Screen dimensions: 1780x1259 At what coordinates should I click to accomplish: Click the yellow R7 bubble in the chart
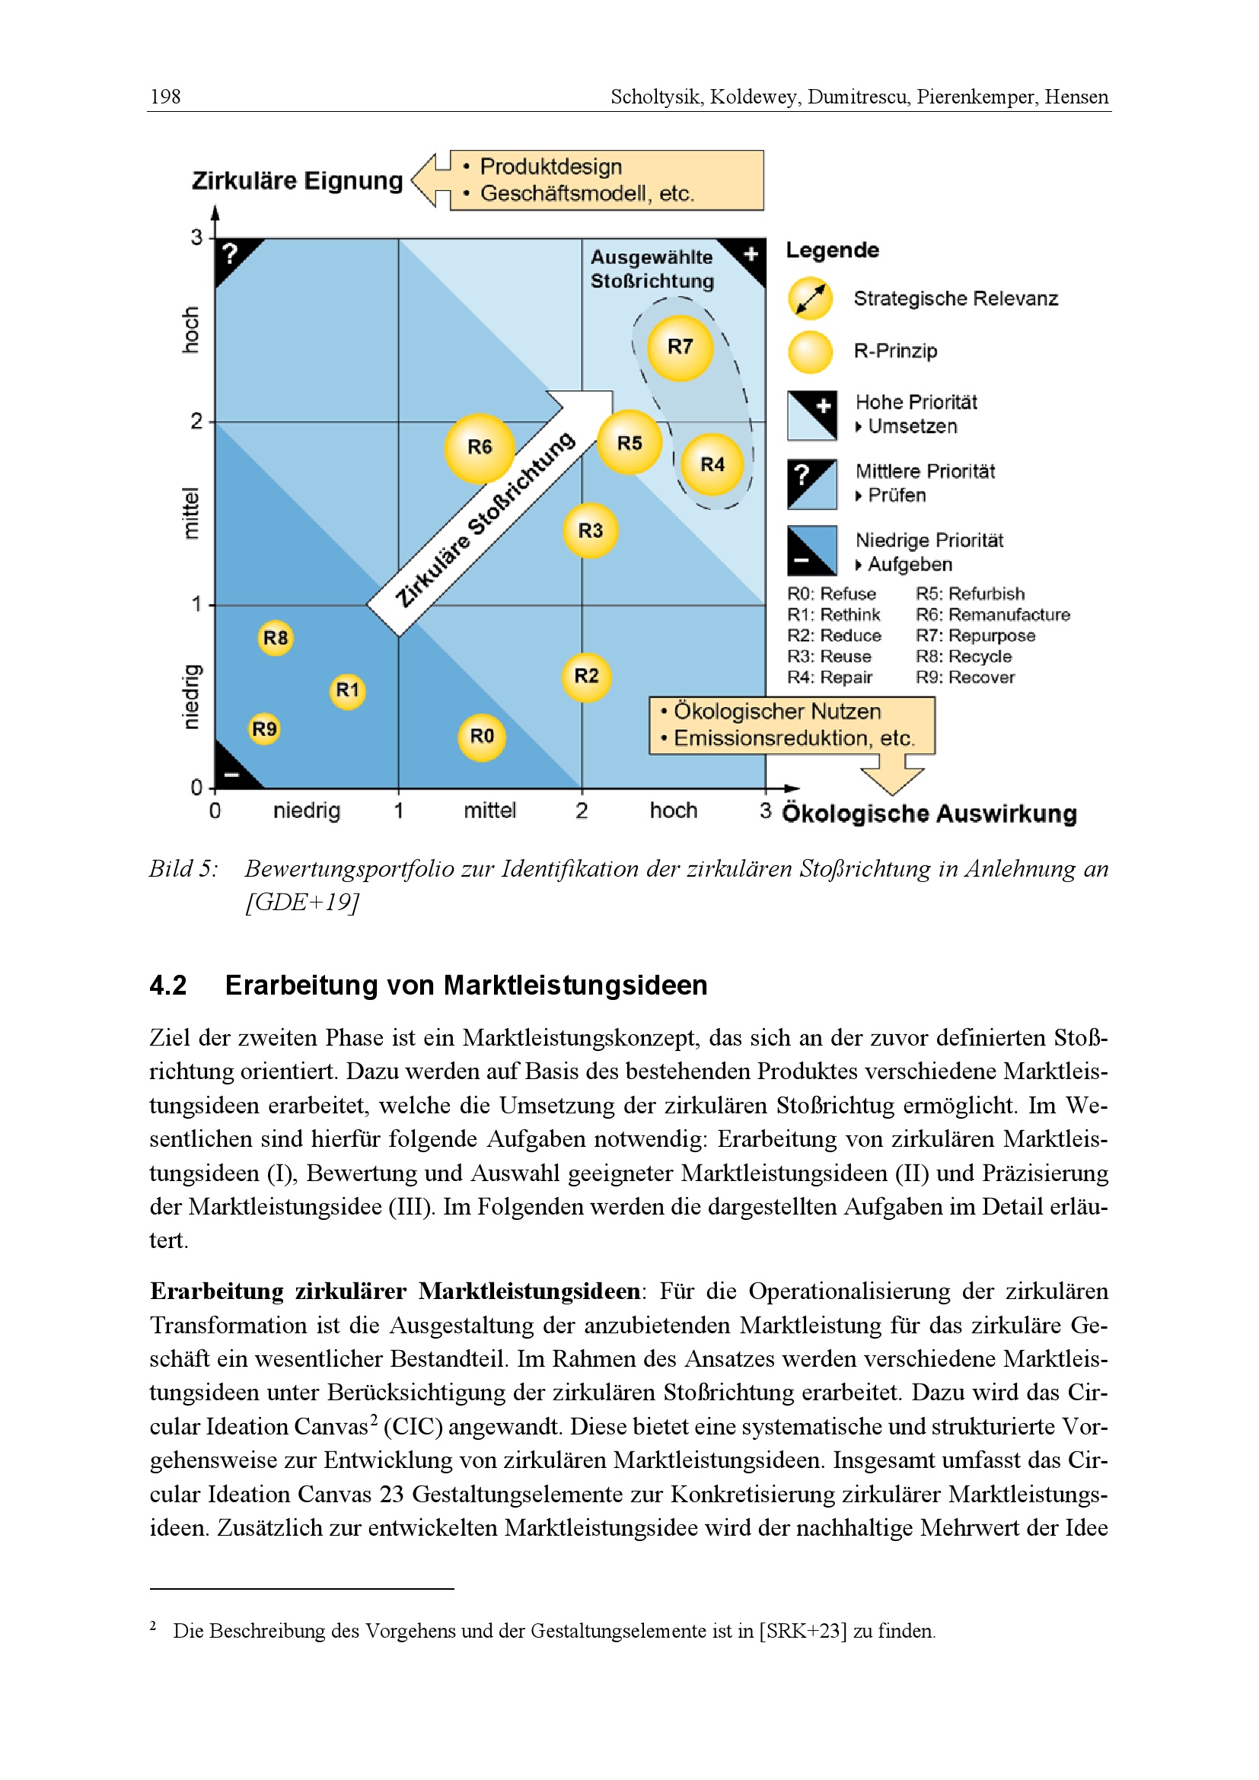coord(680,347)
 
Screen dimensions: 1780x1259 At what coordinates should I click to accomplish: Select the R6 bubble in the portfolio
coord(479,447)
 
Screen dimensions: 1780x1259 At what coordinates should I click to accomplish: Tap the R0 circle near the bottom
coord(481,737)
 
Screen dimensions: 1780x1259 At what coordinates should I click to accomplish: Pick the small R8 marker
coord(276,638)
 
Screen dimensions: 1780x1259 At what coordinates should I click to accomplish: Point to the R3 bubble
coord(590,531)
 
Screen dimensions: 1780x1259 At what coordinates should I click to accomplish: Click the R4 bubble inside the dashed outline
coord(712,464)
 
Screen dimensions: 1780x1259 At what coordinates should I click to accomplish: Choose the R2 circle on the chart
coord(586,677)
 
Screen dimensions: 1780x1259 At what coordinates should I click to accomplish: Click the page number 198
coord(165,97)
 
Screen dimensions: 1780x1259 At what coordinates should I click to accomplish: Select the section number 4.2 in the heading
coord(168,986)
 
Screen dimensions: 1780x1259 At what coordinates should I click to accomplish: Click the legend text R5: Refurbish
coord(970,594)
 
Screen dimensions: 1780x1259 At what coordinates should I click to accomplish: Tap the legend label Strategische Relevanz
coord(955,299)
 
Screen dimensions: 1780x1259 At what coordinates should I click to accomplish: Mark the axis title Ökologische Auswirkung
coord(929,814)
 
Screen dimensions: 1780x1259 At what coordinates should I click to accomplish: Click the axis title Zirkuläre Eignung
coord(297,180)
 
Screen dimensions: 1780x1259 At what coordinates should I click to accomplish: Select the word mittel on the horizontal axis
coord(489,811)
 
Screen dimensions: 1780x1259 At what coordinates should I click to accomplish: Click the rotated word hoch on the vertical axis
coord(190,330)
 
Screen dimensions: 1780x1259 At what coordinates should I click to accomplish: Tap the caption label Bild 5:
coord(183,869)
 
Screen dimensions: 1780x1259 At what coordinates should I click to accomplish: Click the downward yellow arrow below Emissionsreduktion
coord(892,778)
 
